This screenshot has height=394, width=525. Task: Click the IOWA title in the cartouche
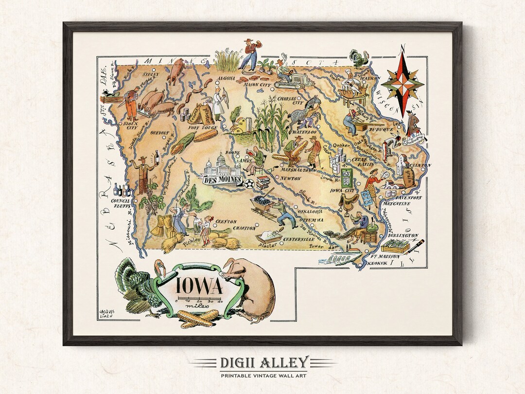(199, 286)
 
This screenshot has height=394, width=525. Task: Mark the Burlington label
(402, 235)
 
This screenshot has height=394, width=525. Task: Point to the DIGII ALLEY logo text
(262, 362)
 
